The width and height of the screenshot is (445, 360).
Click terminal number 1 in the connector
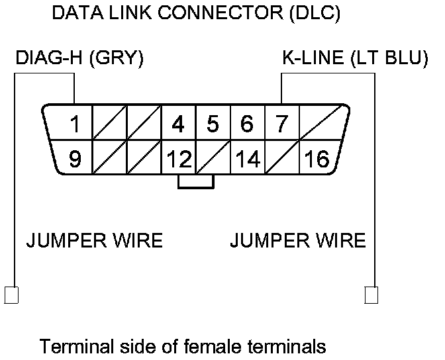click(75, 124)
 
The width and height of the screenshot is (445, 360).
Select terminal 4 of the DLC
click(178, 124)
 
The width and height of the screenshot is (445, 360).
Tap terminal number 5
click(213, 124)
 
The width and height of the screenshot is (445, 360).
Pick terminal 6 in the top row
click(247, 124)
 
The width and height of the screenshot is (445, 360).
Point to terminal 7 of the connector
click(282, 124)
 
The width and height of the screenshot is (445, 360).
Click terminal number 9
click(75, 158)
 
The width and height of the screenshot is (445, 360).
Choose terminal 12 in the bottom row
click(179, 158)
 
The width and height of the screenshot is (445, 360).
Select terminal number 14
click(248, 158)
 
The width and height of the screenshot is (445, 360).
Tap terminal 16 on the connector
click(317, 158)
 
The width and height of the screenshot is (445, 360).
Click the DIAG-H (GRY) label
click(79, 58)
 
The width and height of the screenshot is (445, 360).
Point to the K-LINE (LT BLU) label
click(355, 58)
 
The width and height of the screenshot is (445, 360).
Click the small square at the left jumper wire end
click(11, 295)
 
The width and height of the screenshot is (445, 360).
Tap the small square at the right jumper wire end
click(371, 295)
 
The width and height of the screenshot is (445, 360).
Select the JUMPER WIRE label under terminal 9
click(95, 241)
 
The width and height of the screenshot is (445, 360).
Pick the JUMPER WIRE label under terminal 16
click(298, 241)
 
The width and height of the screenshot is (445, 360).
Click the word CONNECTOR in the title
click(221, 13)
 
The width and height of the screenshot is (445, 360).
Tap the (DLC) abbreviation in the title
click(315, 13)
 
